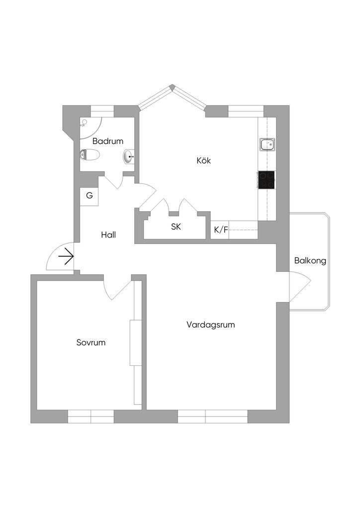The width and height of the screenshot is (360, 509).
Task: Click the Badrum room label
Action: pyautogui.click(x=107, y=141)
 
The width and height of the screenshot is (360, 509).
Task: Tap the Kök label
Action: pyautogui.click(x=204, y=161)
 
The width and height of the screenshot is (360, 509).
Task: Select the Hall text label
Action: pyautogui.click(x=108, y=235)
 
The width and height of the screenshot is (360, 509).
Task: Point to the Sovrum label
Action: pyautogui.click(x=91, y=342)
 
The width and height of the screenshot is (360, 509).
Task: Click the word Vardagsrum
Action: pyautogui.click(x=210, y=325)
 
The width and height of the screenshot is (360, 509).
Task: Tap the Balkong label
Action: pyautogui.click(x=310, y=260)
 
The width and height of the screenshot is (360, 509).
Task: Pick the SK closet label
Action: pyautogui.click(x=176, y=227)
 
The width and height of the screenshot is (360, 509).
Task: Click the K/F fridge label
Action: pyautogui.click(x=221, y=230)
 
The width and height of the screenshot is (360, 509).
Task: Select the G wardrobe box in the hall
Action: pyautogui.click(x=90, y=195)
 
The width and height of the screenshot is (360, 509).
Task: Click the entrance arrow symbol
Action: pyautogui.click(x=66, y=256)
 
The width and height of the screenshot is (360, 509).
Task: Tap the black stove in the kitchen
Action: pyautogui.click(x=266, y=180)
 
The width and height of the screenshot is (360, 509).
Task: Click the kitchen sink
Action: pyautogui.click(x=267, y=145)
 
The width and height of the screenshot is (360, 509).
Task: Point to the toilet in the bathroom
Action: pyautogui.click(x=89, y=155)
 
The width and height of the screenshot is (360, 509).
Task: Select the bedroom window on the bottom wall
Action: pyautogui.click(x=91, y=416)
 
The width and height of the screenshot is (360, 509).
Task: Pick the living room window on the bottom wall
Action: pyautogui.click(x=212, y=416)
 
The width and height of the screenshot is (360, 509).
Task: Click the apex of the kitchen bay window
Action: pyautogui.click(x=172, y=87)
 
